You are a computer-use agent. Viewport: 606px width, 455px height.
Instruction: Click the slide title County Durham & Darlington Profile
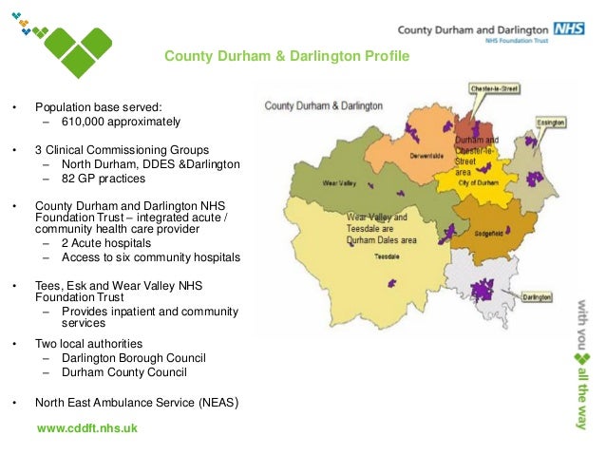point(286,57)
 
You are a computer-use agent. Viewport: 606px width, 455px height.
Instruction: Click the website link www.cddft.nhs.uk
point(86,428)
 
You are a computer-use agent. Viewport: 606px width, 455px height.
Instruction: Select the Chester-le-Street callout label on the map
point(496,88)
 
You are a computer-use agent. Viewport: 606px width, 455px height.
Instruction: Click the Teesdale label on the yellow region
point(386,256)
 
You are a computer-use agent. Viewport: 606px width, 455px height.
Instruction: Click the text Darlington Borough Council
point(134,358)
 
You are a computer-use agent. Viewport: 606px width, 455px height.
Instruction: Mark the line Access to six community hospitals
point(151,258)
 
